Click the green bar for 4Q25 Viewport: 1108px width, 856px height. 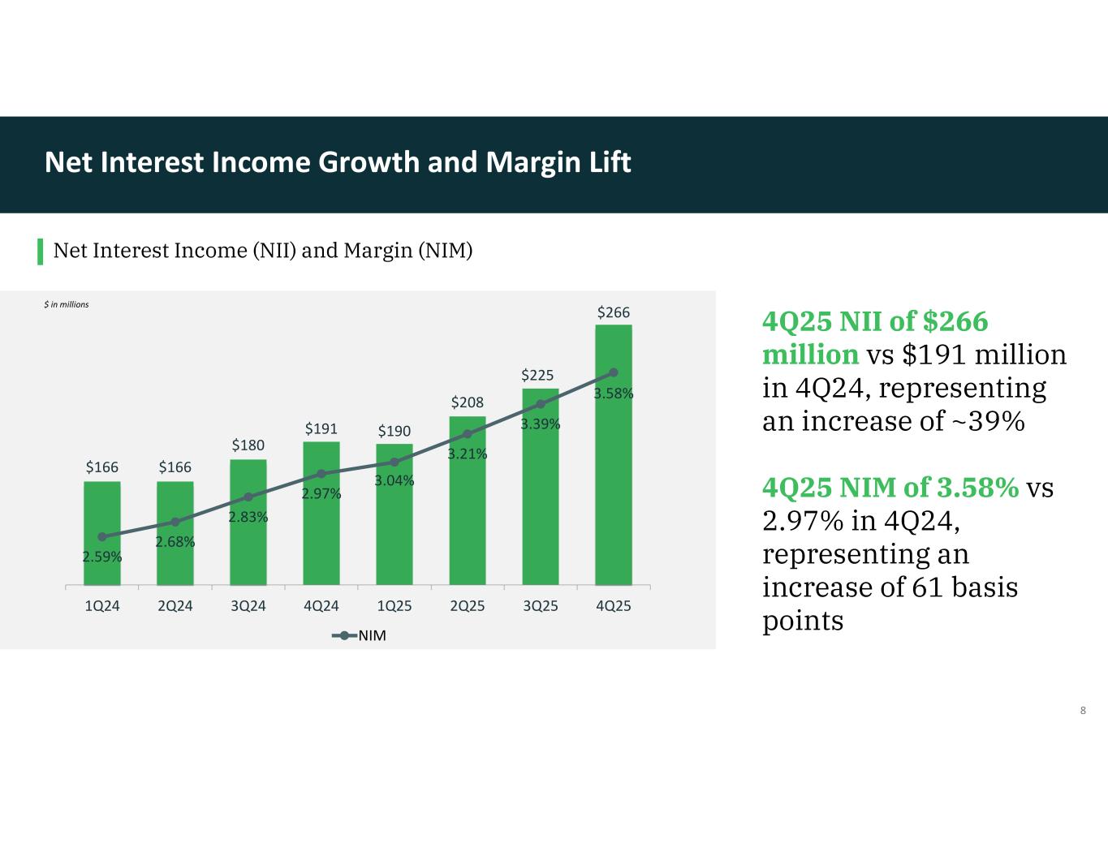[614, 455]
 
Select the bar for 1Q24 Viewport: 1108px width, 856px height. [102, 533]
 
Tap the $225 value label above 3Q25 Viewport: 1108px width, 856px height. [537, 376]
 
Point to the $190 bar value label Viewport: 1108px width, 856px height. [394, 431]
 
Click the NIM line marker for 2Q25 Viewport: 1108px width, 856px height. [468, 433]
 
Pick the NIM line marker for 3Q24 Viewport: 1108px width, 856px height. [248, 497]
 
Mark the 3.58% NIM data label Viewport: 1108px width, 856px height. [614, 394]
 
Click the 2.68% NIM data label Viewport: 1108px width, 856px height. [175, 542]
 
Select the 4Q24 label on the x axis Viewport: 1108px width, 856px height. [321, 606]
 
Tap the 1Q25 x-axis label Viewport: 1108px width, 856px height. [394, 606]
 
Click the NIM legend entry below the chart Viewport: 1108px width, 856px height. [359, 635]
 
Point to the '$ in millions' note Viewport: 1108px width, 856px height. [67, 305]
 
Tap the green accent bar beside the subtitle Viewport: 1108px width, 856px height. [41, 252]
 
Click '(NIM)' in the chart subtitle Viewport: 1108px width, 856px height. [445, 251]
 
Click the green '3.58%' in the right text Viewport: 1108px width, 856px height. [978, 488]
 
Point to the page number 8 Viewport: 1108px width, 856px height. [1083, 710]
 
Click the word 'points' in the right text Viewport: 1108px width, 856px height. [803, 622]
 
